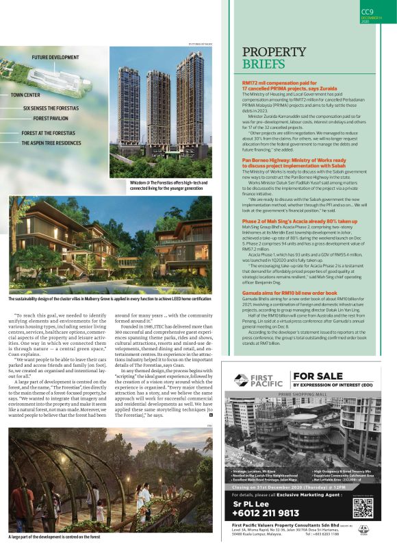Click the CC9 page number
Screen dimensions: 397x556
pyautogui.click(x=367, y=11)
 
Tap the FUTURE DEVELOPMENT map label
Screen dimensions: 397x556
pyautogui.click(x=55, y=58)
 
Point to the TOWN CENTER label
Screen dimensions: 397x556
pyautogui.click(x=25, y=95)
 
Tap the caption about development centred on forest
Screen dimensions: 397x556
pyautogui.click(x=52, y=537)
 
